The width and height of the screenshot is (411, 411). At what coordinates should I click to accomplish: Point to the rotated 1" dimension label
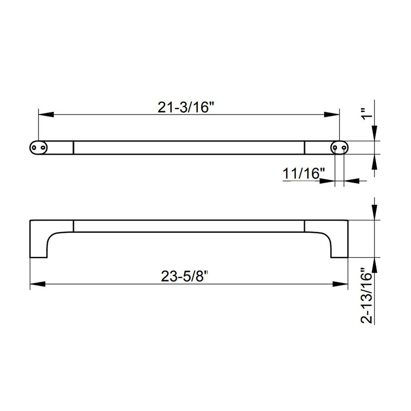click(365, 115)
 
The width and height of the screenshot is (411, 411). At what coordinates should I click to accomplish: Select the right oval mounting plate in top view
click(339, 147)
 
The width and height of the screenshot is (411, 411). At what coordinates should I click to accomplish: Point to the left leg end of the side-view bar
click(39, 256)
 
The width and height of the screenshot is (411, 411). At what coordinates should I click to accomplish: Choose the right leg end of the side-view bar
click(339, 256)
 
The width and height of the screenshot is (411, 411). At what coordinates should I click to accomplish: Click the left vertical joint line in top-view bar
click(73, 147)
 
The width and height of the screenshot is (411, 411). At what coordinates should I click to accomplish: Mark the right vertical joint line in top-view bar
click(305, 147)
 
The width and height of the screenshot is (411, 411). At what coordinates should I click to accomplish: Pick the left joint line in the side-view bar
click(73, 226)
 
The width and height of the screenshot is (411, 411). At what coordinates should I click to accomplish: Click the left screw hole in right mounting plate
click(335, 147)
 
